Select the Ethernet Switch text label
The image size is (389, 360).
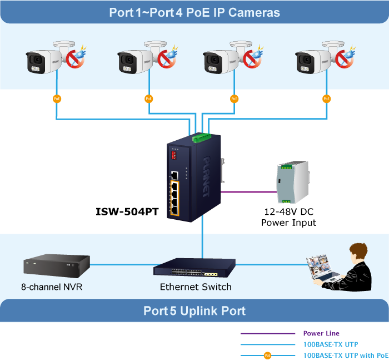tap(196, 287)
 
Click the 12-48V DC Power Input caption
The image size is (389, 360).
tap(288, 217)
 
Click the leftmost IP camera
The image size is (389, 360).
tap(44, 61)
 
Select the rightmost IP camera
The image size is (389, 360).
tap(314, 61)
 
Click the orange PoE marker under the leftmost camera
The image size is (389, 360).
tap(57, 98)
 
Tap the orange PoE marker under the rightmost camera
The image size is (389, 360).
tap(326, 98)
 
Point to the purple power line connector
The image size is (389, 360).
tap(249, 192)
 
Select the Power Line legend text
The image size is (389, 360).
tap(321, 334)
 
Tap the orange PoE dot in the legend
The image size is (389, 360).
tap(267, 355)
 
